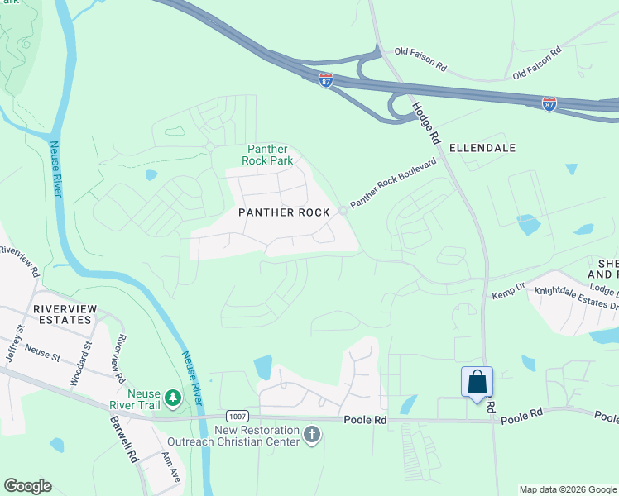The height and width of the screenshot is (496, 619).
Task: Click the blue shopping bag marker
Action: coord(477,383)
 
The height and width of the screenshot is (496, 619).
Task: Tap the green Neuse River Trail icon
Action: coord(173,398)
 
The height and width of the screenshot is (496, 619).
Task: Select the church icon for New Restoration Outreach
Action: coord(312,435)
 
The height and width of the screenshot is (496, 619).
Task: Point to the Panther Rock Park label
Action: coord(267,155)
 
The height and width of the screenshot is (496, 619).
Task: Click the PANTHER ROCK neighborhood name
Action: coord(284,212)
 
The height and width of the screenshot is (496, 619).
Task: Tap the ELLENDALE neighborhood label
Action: coord(482,148)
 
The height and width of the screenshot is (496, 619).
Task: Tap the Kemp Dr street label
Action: coord(509,294)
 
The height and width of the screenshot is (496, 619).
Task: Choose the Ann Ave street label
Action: coord(170,467)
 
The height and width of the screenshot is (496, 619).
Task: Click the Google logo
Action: coord(27,486)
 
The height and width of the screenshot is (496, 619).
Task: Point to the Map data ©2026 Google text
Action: coord(567,489)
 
